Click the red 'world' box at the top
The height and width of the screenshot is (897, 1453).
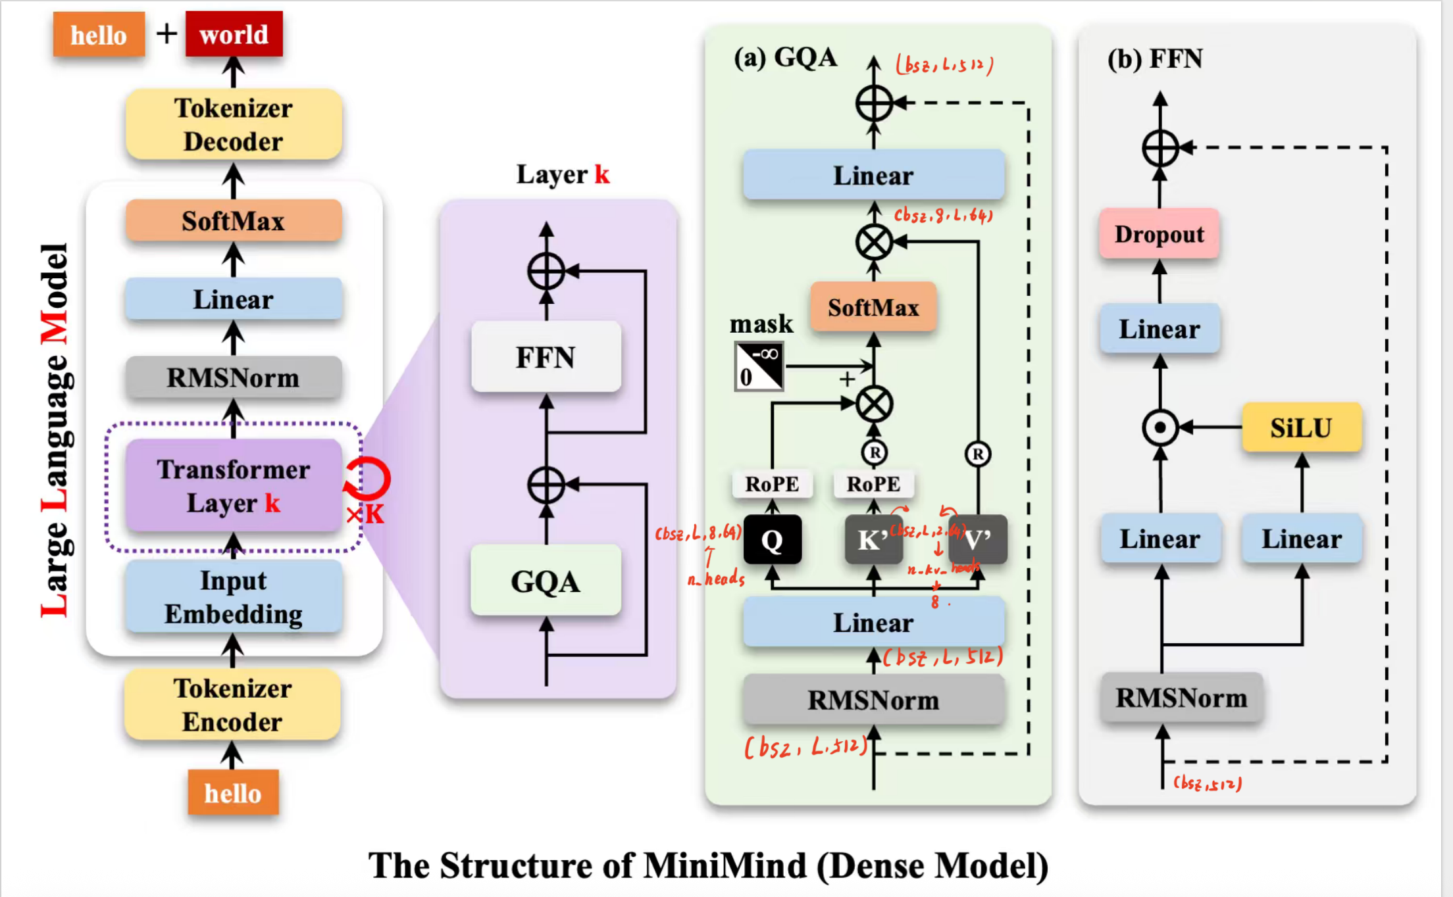click(x=234, y=34)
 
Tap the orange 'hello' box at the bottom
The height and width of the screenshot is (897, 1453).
click(x=233, y=793)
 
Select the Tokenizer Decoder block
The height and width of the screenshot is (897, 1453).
click(x=234, y=124)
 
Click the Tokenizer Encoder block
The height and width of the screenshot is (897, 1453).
click(x=233, y=705)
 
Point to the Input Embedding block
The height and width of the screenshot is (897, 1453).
click(x=234, y=596)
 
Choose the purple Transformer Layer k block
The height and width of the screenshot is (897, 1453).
click(x=233, y=485)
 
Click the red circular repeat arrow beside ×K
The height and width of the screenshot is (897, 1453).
click(x=368, y=479)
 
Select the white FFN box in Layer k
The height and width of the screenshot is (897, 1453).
click(x=546, y=357)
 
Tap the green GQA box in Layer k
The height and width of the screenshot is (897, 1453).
click(x=546, y=581)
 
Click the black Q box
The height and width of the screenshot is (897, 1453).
click(x=772, y=540)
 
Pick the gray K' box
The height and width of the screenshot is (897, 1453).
click(x=873, y=540)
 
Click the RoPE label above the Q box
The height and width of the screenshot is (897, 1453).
click(x=772, y=484)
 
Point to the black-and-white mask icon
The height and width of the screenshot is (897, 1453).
click(x=759, y=366)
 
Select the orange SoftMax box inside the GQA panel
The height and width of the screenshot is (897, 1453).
click(x=873, y=307)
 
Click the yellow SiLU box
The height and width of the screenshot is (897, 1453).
click(x=1301, y=427)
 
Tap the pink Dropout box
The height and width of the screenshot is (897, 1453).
click(x=1159, y=234)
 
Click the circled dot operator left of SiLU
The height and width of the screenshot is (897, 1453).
click(x=1160, y=427)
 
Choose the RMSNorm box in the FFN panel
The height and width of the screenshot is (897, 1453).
click(x=1181, y=698)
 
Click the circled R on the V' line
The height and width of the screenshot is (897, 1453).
click(x=978, y=454)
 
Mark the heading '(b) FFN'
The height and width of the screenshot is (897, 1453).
click(x=1155, y=59)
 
